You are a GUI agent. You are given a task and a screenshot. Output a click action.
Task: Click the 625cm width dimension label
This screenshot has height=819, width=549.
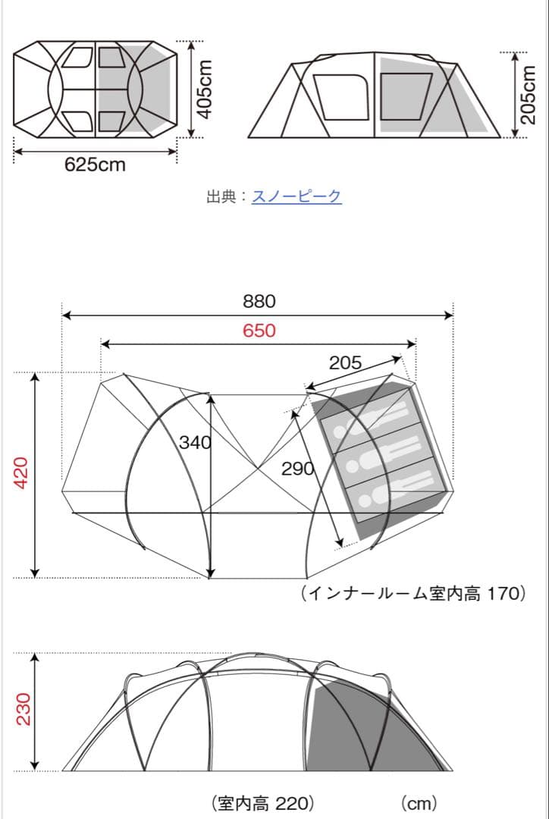tap(95, 165)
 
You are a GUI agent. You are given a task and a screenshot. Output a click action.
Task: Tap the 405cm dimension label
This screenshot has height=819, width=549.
tap(202, 89)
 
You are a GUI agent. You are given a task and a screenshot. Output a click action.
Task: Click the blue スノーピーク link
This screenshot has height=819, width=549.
tap(296, 196)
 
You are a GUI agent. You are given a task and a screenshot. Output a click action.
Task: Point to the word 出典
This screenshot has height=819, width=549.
tap(221, 196)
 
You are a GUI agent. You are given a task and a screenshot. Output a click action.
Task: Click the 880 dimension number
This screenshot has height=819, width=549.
tap(259, 301)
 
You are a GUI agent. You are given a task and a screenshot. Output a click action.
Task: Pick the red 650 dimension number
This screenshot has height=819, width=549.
tap(259, 331)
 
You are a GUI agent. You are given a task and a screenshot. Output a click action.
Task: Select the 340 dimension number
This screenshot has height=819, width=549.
tap(195, 443)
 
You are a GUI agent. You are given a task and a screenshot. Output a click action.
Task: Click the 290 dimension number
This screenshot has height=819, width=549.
tap(297, 469)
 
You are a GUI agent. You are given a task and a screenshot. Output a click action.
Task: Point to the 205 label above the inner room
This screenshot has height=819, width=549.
tap(345, 363)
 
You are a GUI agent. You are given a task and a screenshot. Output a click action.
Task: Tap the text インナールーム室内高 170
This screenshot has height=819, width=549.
tap(413, 593)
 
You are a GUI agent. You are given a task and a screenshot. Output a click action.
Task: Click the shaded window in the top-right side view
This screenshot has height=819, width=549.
tap(400, 96)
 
